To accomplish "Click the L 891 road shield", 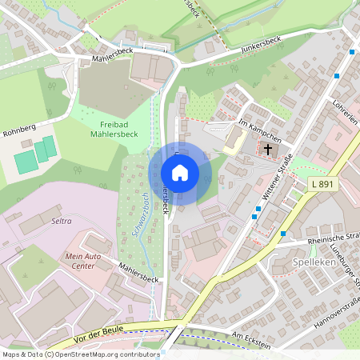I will coord(320,185).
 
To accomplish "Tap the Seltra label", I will coord(62,220).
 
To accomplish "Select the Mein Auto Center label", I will coord(84,260).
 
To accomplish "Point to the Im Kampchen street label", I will coord(259,128).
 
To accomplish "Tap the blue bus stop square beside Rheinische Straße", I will coord(283,234).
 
